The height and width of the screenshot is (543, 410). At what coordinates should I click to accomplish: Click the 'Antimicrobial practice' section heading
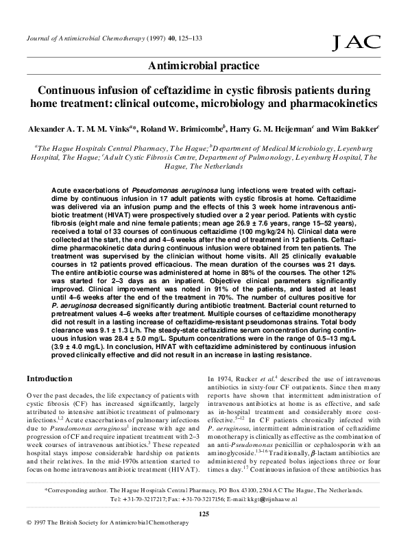click(205, 66)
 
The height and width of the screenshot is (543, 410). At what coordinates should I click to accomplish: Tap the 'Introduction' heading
click(49, 378)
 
